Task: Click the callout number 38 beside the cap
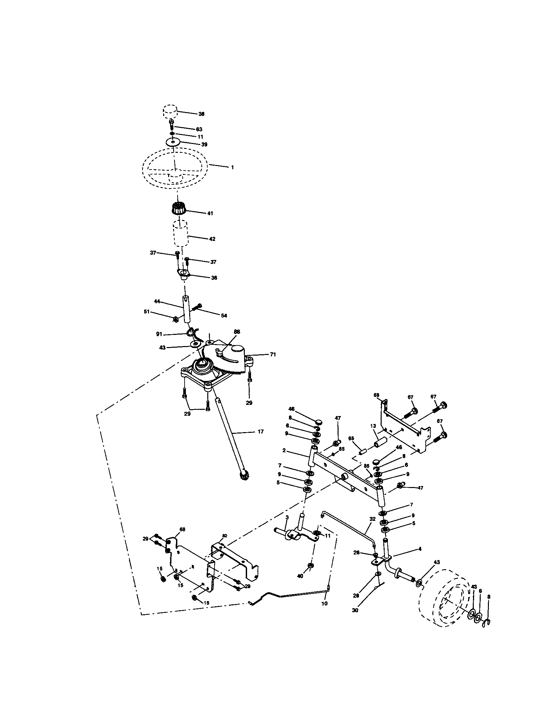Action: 201,114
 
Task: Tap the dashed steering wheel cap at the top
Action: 170,111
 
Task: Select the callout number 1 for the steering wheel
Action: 232,168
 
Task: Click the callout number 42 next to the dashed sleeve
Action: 212,239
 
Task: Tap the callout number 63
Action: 199,129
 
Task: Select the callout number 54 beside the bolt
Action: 224,315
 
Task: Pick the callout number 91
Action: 159,334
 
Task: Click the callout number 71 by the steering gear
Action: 273,354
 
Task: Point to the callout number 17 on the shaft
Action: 261,432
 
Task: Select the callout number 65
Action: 351,438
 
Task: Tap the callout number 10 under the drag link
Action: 324,603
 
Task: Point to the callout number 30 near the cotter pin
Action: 355,611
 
